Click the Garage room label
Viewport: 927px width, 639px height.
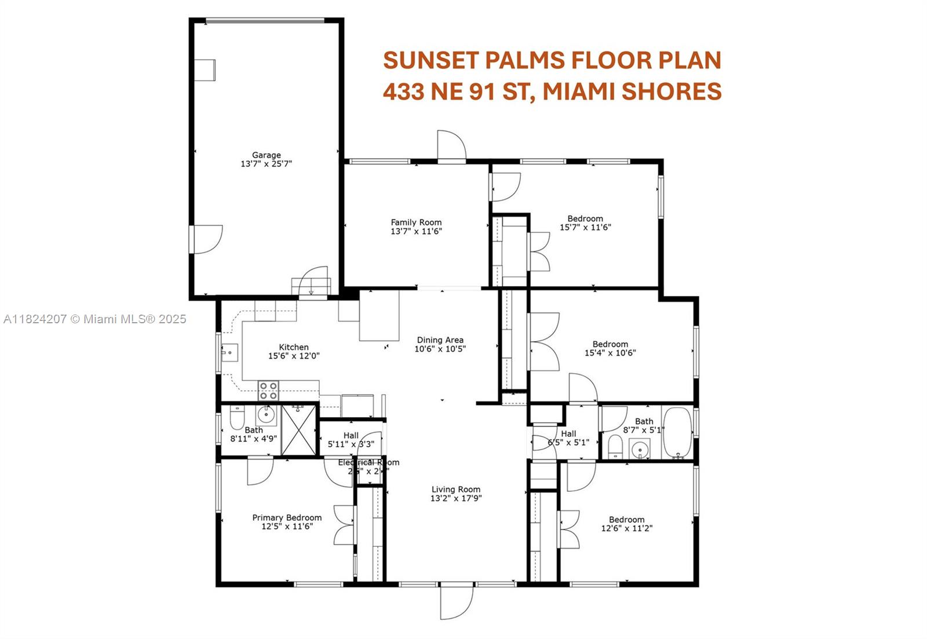266,155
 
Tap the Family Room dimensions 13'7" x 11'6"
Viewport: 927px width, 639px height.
416,231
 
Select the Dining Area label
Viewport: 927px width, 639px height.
440,340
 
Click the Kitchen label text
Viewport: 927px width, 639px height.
294,347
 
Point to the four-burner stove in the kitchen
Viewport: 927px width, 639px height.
268,390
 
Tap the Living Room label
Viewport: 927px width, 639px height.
456,489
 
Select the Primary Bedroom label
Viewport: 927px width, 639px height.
287,517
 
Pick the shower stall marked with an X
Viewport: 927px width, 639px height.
300,429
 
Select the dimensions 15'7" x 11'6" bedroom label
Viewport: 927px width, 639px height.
585,227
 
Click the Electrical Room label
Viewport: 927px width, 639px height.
368,462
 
